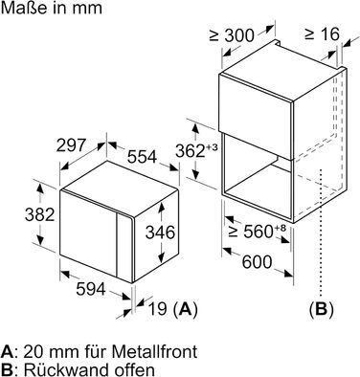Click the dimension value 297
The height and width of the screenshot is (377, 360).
pyautogui.click(x=72, y=145)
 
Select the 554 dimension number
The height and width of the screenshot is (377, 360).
pyautogui.click(x=142, y=157)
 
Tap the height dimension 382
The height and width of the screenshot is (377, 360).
pyautogui.click(x=40, y=214)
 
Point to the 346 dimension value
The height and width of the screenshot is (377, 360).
pyautogui.click(x=160, y=233)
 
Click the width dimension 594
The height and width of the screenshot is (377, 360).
pyautogui.click(x=91, y=289)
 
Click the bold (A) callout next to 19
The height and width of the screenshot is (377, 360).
pyautogui.click(x=185, y=309)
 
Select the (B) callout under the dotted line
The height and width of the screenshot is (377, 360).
pyautogui.click(x=322, y=309)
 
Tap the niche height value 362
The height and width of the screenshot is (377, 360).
pyautogui.click(x=191, y=151)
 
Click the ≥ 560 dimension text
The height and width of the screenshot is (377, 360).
pyautogui.click(x=251, y=232)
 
